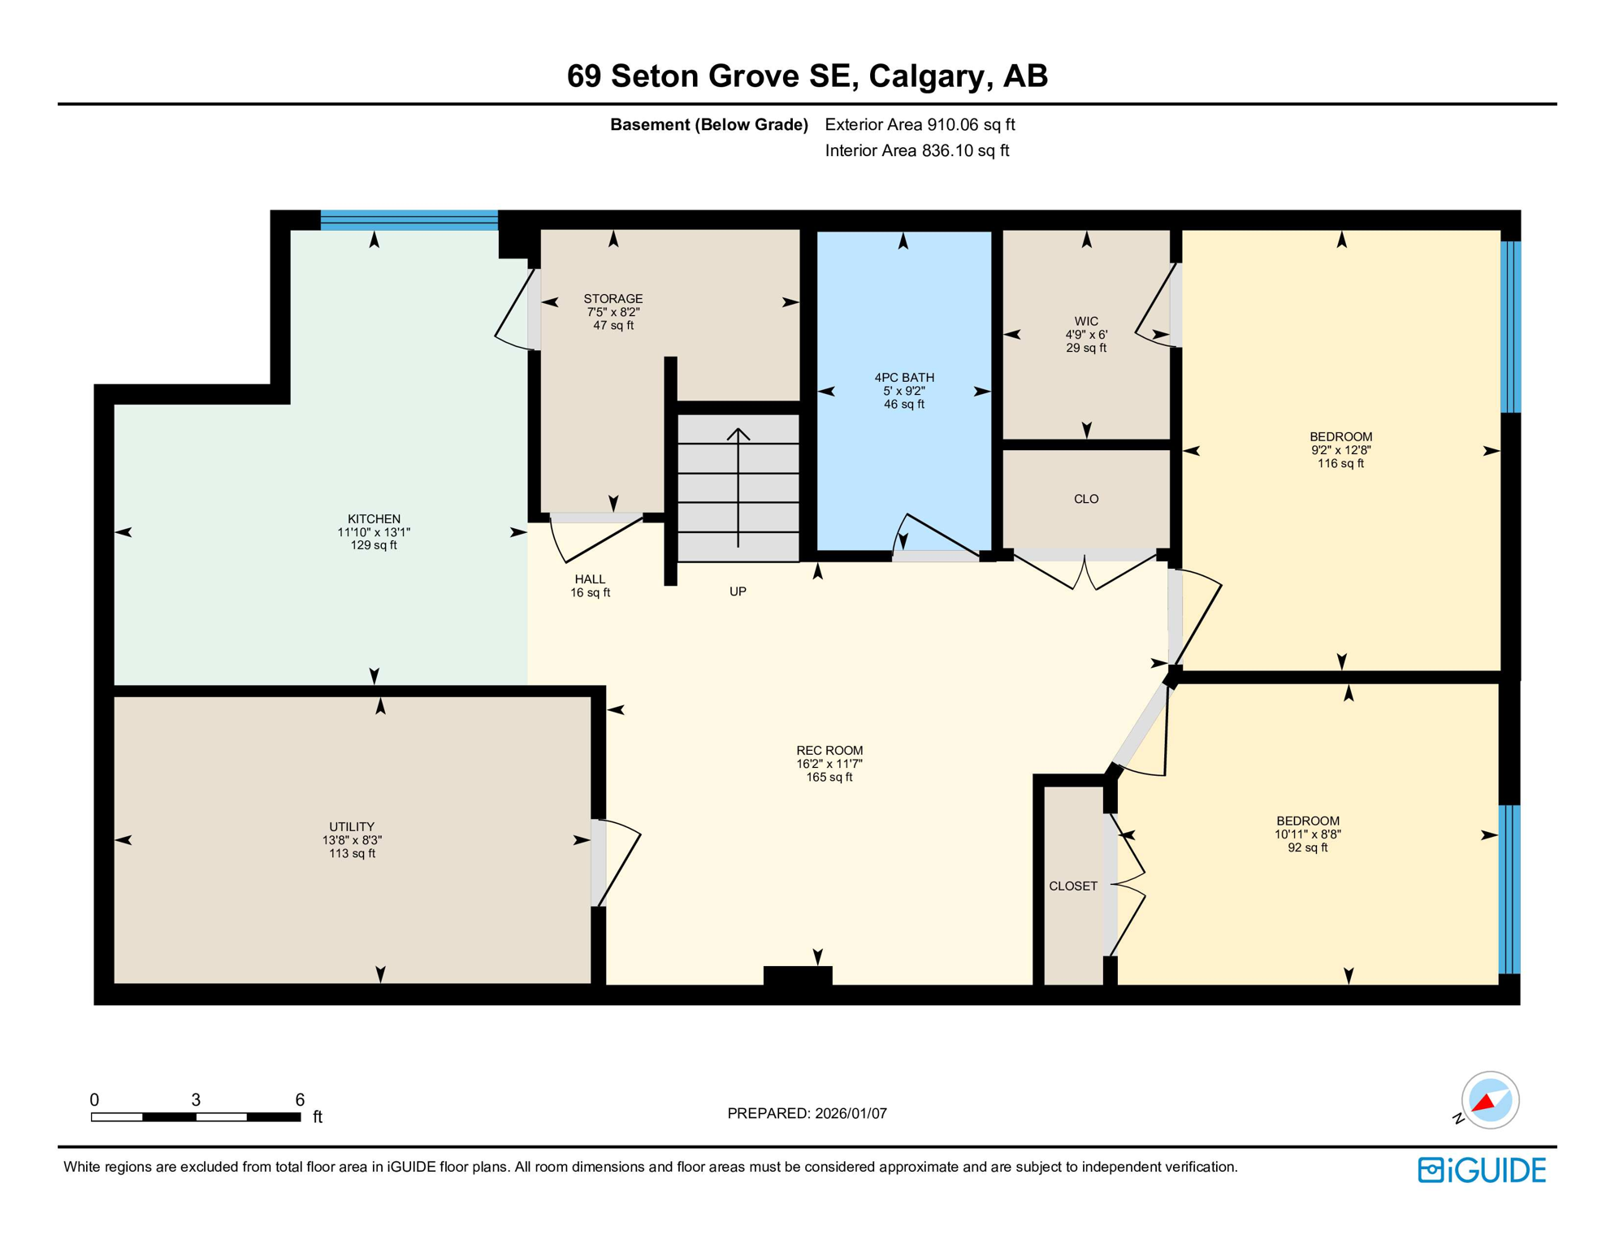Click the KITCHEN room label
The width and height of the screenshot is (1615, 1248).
click(374, 518)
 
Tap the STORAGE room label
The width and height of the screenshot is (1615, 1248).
click(613, 299)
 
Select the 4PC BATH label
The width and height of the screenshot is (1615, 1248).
click(903, 378)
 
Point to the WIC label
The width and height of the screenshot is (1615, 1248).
click(1085, 322)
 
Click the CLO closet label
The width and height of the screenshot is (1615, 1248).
click(1085, 499)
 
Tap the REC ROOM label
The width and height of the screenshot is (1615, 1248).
click(829, 751)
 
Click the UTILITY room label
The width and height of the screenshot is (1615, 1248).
click(352, 827)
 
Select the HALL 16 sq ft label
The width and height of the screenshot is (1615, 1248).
click(590, 586)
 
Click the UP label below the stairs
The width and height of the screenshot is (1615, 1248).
click(737, 591)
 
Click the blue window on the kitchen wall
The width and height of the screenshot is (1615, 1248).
click(409, 220)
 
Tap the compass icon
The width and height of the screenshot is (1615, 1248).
click(1489, 1100)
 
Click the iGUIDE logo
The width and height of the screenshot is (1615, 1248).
click(1481, 1170)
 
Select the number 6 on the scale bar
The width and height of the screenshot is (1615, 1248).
click(300, 1099)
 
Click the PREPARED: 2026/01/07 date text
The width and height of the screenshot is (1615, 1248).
click(807, 1113)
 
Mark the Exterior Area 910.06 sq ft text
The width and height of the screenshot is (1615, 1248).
click(920, 124)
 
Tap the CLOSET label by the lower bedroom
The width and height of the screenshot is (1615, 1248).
click(1072, 886)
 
